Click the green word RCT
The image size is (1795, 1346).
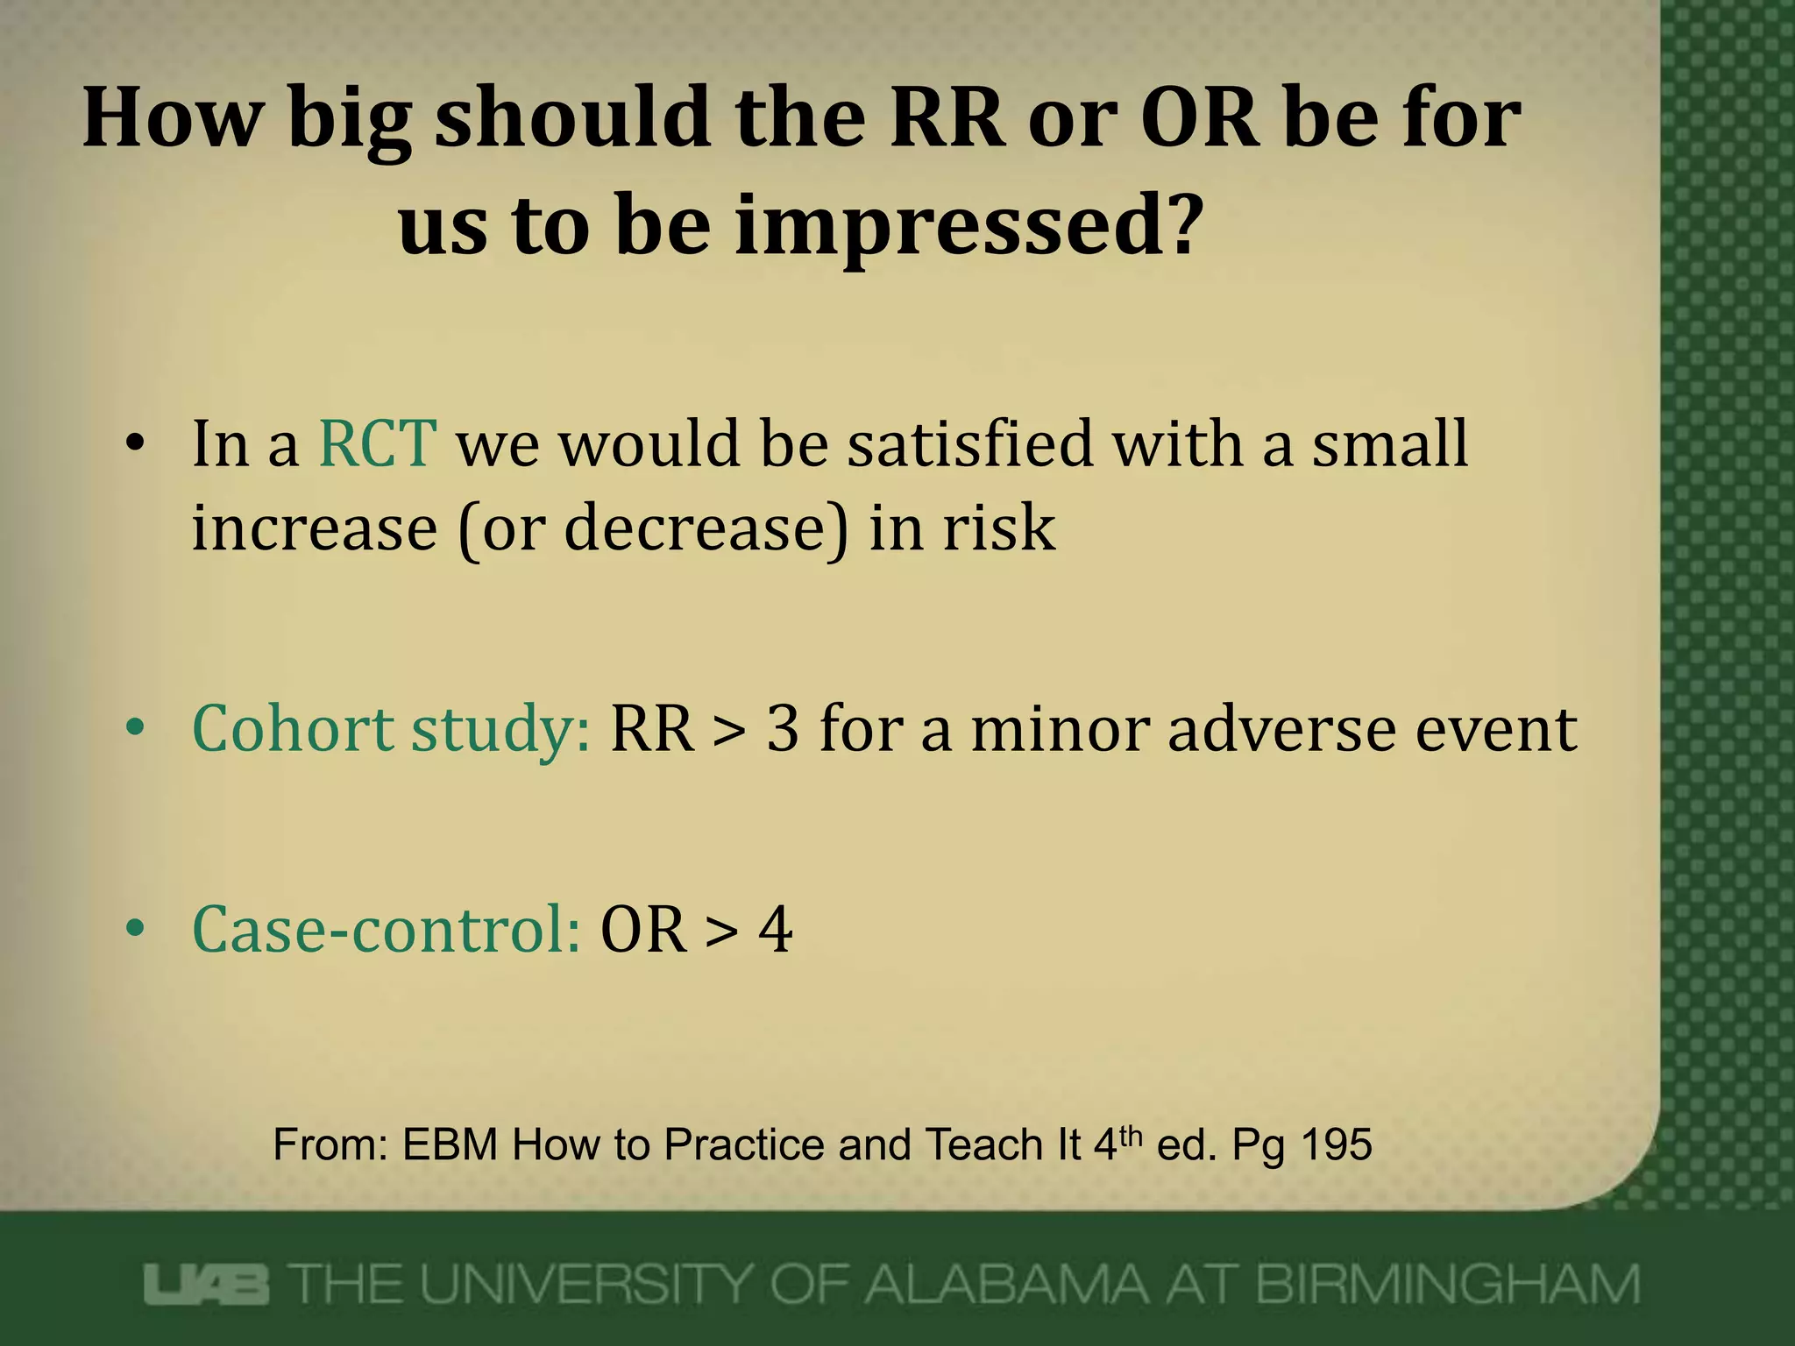coord(377,444)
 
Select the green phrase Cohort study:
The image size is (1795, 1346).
coord(391,730)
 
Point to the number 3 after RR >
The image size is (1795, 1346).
coord(783,730)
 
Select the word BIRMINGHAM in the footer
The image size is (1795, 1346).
coord(1447,1285)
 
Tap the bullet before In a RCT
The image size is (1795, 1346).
coord(134,444)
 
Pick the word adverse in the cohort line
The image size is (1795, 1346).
coord(1281,730)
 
